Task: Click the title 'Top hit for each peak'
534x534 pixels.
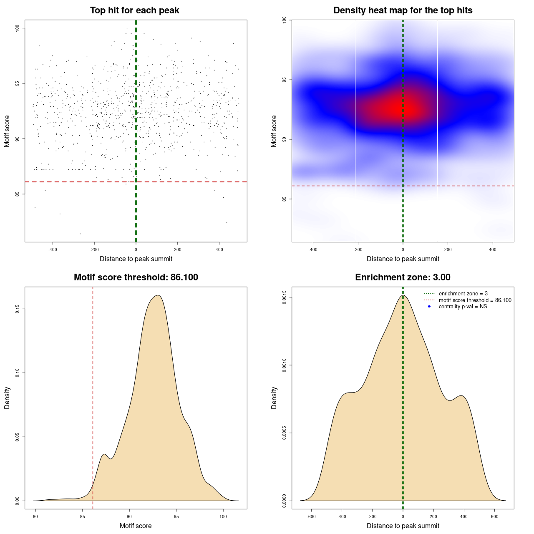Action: tap(135, 10)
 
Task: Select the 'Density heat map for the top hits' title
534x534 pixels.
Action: tap(403, 10)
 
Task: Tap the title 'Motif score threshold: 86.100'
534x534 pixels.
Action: tap(136, 277)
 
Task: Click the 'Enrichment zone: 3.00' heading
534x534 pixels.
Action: tap(403, 277)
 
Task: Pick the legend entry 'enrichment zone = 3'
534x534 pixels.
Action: tap(463, 294)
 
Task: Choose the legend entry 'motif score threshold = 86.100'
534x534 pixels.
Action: tap(475, 300)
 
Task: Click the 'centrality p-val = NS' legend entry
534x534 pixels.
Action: tap(463, 307)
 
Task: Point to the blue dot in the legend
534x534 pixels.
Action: tap(429, 307)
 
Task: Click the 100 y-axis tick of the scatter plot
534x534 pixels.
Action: tap(18, 28)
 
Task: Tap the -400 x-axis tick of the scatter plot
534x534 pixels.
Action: tap(53, 249)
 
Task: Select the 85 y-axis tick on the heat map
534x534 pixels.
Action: tap(284, 199)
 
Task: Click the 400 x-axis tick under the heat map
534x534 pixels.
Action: tap(493, 249)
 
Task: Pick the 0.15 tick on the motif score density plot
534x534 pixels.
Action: tap(18, 309)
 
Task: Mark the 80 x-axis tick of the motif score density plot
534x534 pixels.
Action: tap(35, 516)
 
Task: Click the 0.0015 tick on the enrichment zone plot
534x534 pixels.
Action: tap(284, 297)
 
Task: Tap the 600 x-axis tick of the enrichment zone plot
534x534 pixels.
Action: tap(495, 516)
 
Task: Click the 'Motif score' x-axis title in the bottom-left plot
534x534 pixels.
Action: tap(136, 526)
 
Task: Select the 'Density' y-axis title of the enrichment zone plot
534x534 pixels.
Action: tap(274, 398)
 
